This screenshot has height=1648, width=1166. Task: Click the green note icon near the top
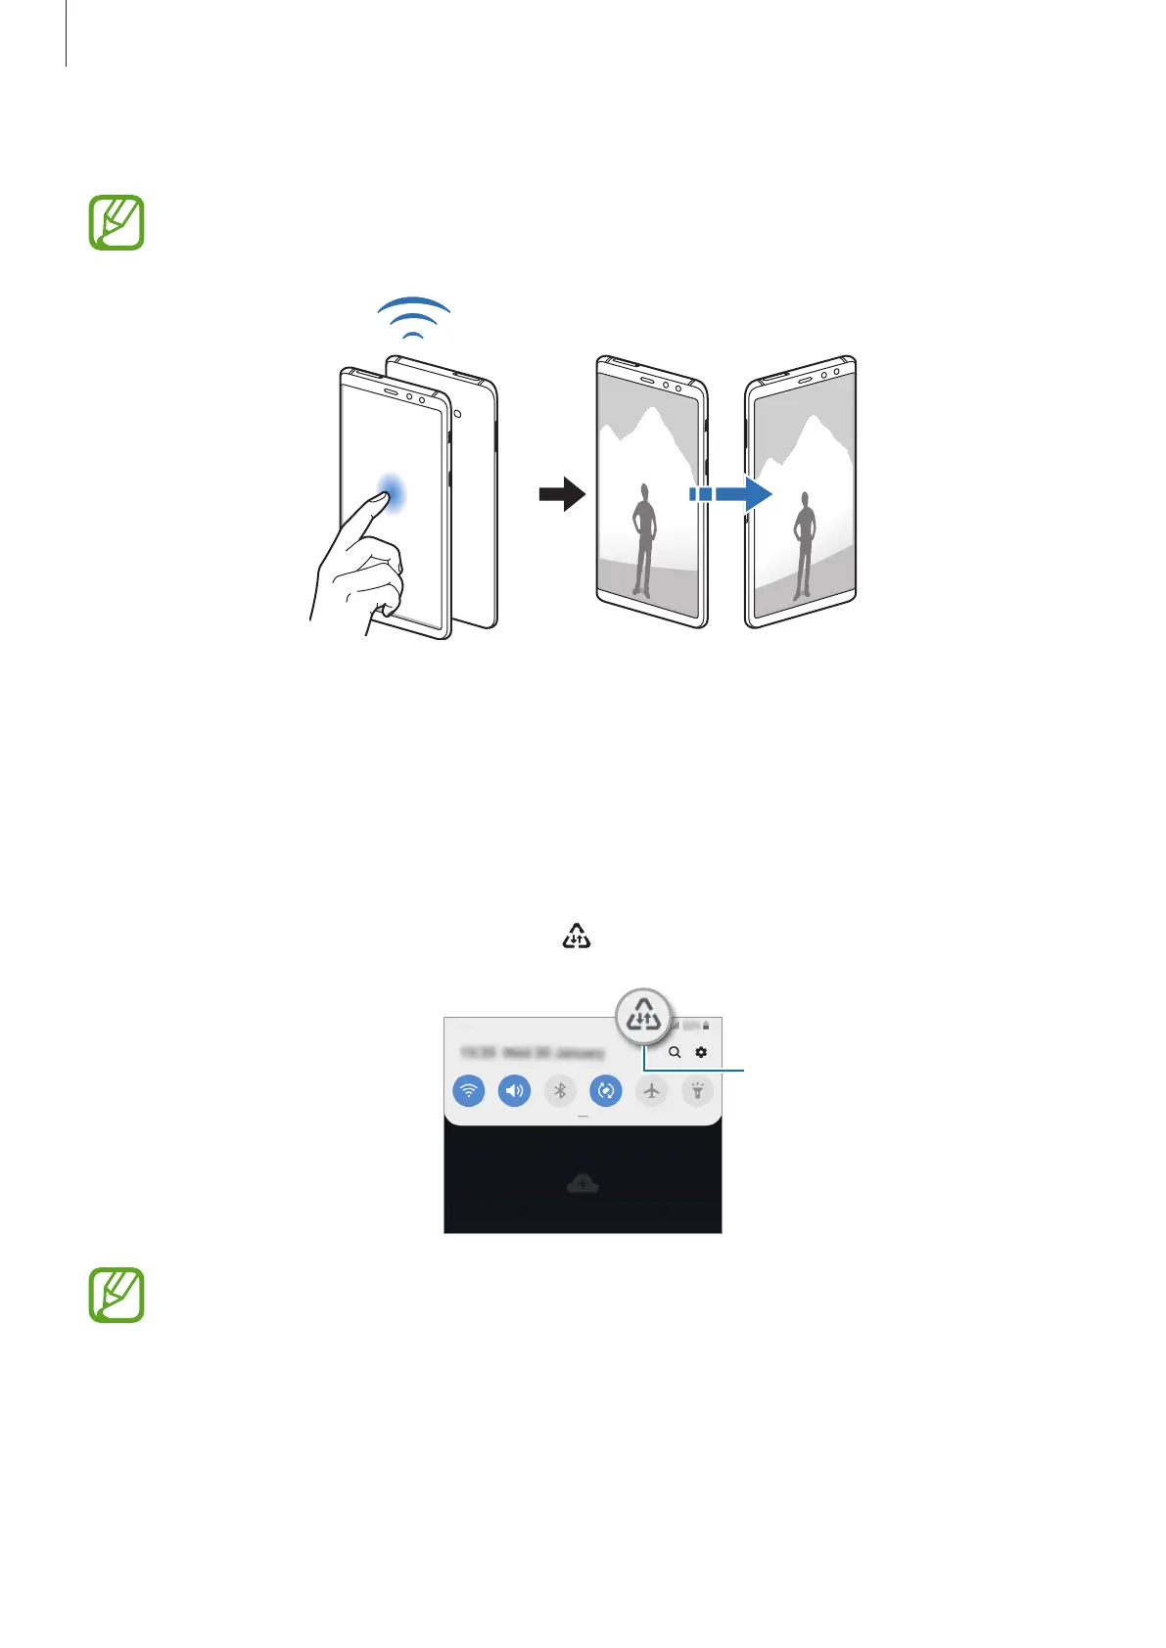click(117, 223)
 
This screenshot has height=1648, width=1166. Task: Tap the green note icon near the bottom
click(117, 1295)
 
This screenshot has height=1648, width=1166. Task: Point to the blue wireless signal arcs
click(415, 317)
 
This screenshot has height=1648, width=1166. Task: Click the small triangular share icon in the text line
click(577, 937)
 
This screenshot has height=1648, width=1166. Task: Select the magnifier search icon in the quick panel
click(675, 1053)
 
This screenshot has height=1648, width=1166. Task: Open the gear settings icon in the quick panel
click(701, 1053)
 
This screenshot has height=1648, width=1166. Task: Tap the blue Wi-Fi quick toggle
click(469, 1090)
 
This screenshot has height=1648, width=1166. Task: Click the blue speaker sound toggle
click(514, 1090)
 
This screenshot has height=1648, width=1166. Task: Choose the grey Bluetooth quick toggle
click(560, 1090)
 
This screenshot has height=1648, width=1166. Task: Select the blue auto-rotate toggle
click(606, 1090)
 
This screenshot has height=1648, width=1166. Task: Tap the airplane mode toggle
click(651, 1090)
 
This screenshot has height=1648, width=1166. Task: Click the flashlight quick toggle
click(697, 1090)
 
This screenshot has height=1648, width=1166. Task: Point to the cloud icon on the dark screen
click(583, 1184)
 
